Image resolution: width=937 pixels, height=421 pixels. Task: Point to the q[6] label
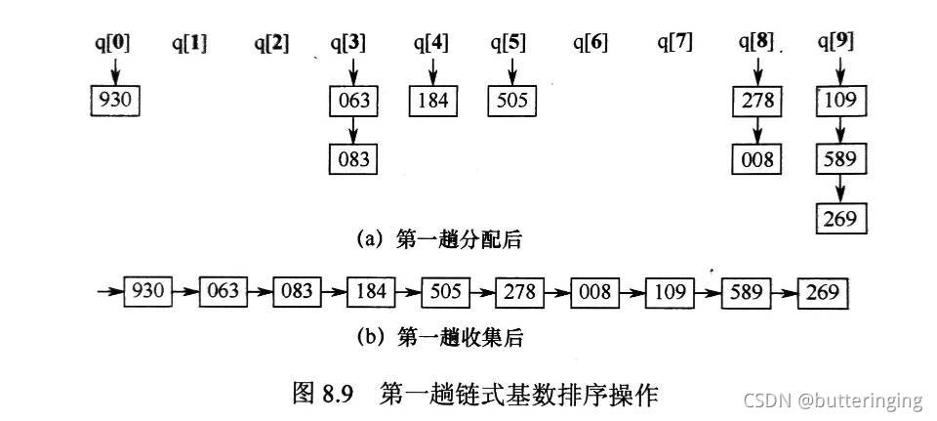(591, 42)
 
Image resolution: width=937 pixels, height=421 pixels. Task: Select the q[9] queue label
(838, 42)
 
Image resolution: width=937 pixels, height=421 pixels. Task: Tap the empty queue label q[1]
(189, 42)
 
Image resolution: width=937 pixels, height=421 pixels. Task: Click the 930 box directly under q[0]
(113, 100)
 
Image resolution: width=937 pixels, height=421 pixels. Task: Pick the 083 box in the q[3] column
(352, 158)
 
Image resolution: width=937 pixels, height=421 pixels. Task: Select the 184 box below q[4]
(432, 100)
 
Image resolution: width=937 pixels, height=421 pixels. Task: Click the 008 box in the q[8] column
(756, 158)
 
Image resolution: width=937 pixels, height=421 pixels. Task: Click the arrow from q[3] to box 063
(352, 70)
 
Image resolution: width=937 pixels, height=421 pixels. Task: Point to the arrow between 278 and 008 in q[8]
(756, 129)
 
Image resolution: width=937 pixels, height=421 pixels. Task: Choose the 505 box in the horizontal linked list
(445, 291)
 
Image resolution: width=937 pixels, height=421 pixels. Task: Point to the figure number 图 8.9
(330, 394)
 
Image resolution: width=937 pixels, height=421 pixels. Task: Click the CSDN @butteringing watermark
(833, 400)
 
